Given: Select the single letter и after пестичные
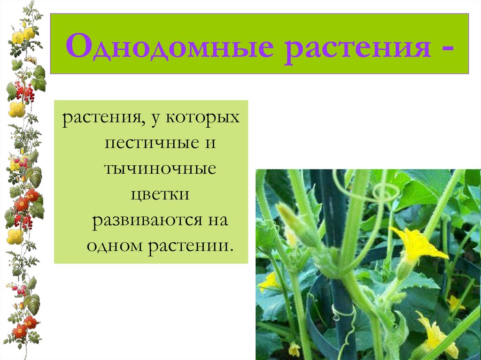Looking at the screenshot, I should tap(210, 143).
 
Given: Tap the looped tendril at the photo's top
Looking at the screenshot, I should tap(381, 192).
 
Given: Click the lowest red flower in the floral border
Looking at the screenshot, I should tap(20, 331).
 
